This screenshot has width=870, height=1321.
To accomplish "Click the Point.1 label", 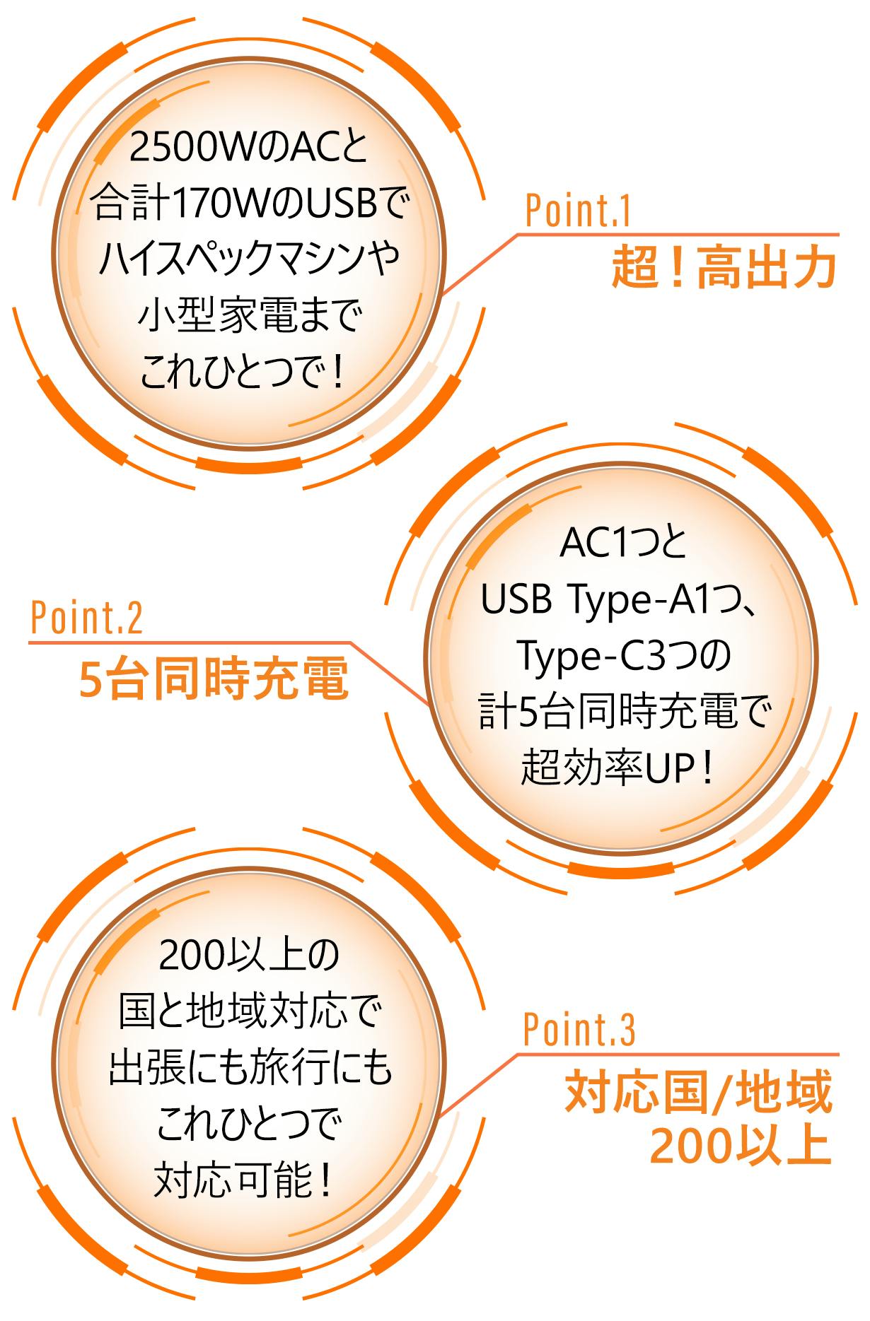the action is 578,210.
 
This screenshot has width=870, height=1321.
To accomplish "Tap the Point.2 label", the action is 87,618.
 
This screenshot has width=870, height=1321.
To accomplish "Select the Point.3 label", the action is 579,1030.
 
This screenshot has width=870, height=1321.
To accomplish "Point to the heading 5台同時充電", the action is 214,679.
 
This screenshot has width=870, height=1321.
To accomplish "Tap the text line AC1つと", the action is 622,544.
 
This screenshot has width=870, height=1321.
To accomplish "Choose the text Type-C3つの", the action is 624,656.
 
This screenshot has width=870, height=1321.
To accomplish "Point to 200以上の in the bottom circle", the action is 250,956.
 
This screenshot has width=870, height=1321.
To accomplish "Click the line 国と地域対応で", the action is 250,1011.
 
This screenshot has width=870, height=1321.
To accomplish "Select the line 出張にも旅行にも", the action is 250,1067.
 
